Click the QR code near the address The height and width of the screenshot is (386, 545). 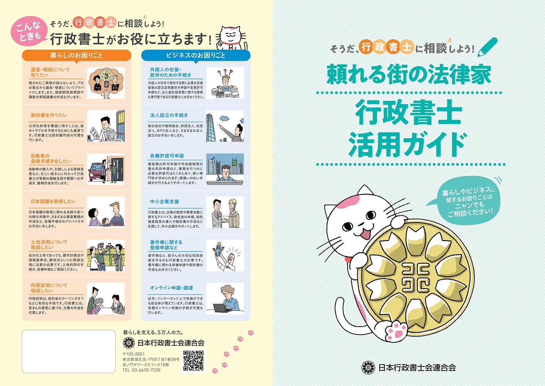(x=193, y=361)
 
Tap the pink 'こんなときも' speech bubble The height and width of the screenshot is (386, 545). (x=29, y=31)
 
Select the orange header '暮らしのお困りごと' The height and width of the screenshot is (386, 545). (x=76, y=55)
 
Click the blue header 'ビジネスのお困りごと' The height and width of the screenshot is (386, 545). (x=195, y=55)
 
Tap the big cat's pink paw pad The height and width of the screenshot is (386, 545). (x=397, y=330)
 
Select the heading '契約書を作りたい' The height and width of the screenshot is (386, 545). (x=49, y=115)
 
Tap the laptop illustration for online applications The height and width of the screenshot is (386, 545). (x=225, y=298)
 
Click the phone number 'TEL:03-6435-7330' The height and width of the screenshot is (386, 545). (x=141, y=370)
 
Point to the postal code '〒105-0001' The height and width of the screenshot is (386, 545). (x=134, y=354)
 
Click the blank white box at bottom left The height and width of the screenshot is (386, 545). (x=69, y=351)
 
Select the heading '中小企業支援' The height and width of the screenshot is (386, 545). (x=164, y=202)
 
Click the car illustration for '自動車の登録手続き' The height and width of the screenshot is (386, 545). (x=106, y=169)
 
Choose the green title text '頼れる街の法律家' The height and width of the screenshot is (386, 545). (x=408, y=75)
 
